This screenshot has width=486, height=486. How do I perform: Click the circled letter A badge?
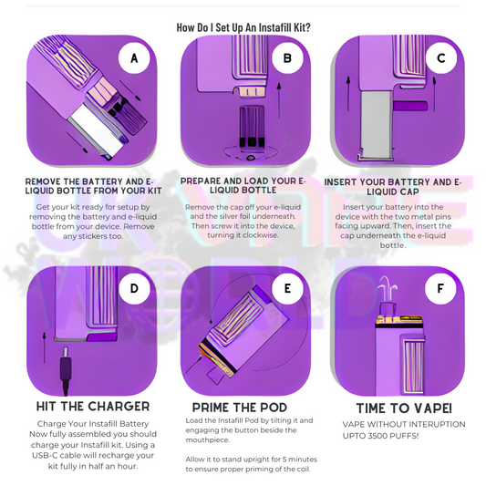[x=134, y=58]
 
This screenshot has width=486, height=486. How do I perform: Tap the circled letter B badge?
[x=287, y=58]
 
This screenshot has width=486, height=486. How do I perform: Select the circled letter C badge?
[x=440, y=58]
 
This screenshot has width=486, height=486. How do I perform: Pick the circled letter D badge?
[x=134, y=288]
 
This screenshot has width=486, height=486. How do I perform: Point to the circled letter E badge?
[x=287, y=288]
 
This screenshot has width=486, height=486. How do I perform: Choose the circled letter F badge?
[x=440, y=288]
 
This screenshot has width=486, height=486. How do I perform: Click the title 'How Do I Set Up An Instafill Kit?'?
[x=243, y=27]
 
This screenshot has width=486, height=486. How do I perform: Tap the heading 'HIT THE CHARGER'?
[x=93, y=407]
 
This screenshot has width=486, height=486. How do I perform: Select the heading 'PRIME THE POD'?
[x=240, y=408]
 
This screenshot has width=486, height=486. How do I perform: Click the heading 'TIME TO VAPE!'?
[x=404, y=408]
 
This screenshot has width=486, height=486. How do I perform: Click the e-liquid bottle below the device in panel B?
[x=252, y=127]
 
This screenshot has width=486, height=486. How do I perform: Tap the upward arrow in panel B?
[x=279, y=100]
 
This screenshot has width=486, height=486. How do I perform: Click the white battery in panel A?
[x=99, y=131]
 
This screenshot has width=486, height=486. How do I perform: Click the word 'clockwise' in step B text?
[x=260, y=235]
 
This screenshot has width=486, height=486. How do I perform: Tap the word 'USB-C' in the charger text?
[x=45, y=455]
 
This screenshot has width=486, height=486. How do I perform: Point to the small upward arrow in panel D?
[x=45, y=347]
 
